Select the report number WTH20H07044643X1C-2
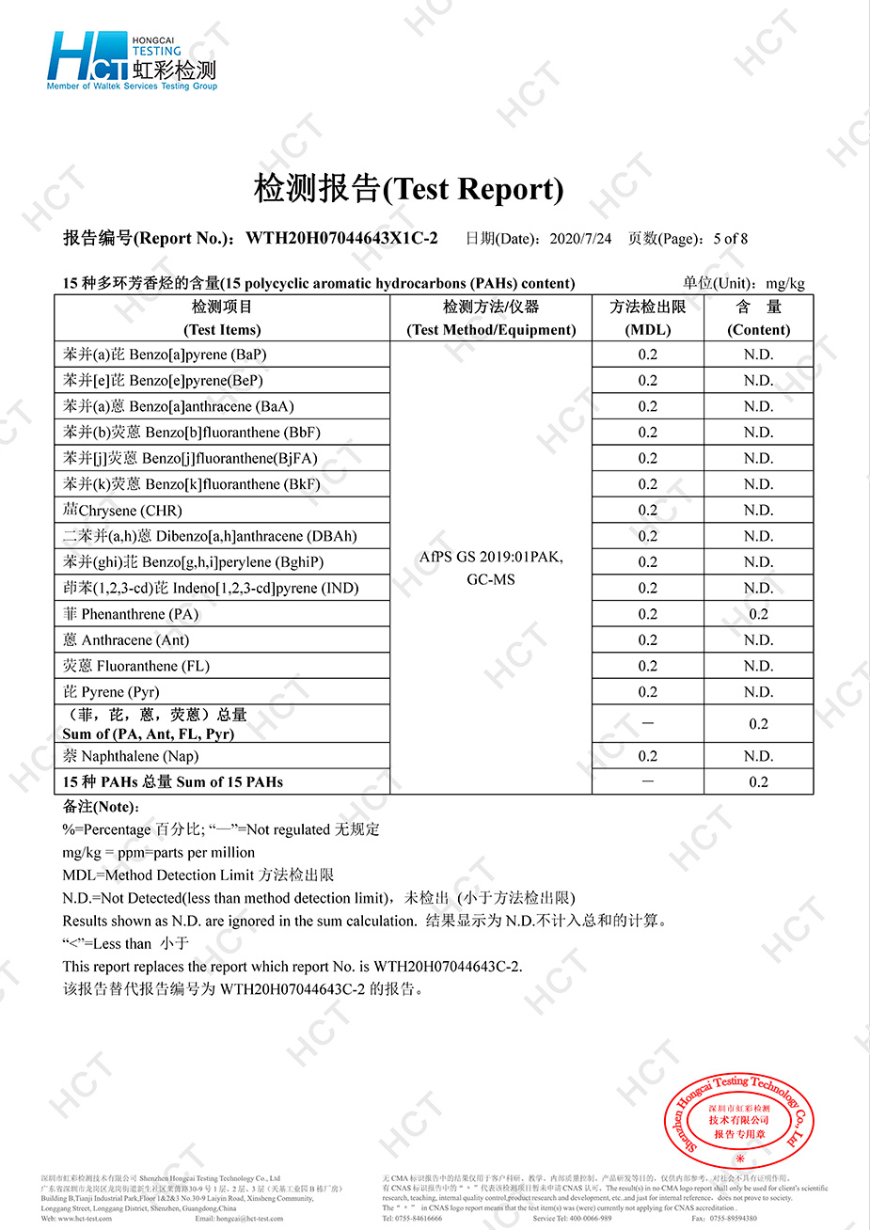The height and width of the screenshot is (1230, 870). (341, 239)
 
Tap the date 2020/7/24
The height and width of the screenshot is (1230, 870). (580, 239)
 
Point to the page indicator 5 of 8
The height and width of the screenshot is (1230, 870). (731, 239)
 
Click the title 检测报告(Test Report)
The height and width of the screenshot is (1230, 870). (408, 189)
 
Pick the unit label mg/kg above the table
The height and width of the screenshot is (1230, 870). (785, 283)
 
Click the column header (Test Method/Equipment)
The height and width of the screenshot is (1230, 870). (491, 330)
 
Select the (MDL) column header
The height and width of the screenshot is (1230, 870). (648, 330)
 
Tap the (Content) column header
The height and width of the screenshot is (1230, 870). (759, 330)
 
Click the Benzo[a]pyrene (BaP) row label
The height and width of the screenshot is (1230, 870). (166, 355)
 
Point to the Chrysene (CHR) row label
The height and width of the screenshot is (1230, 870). (122, 511)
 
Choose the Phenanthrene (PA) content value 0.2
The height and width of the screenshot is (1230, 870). (759, 614)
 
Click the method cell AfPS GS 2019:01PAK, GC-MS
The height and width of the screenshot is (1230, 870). (491, 568)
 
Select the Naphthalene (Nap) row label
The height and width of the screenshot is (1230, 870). (131, 756)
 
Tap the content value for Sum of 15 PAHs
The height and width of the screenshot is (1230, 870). (759, 782)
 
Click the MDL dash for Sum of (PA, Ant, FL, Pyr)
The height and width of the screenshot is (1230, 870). (648, 724)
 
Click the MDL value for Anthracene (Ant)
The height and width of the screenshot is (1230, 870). (648, 640)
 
